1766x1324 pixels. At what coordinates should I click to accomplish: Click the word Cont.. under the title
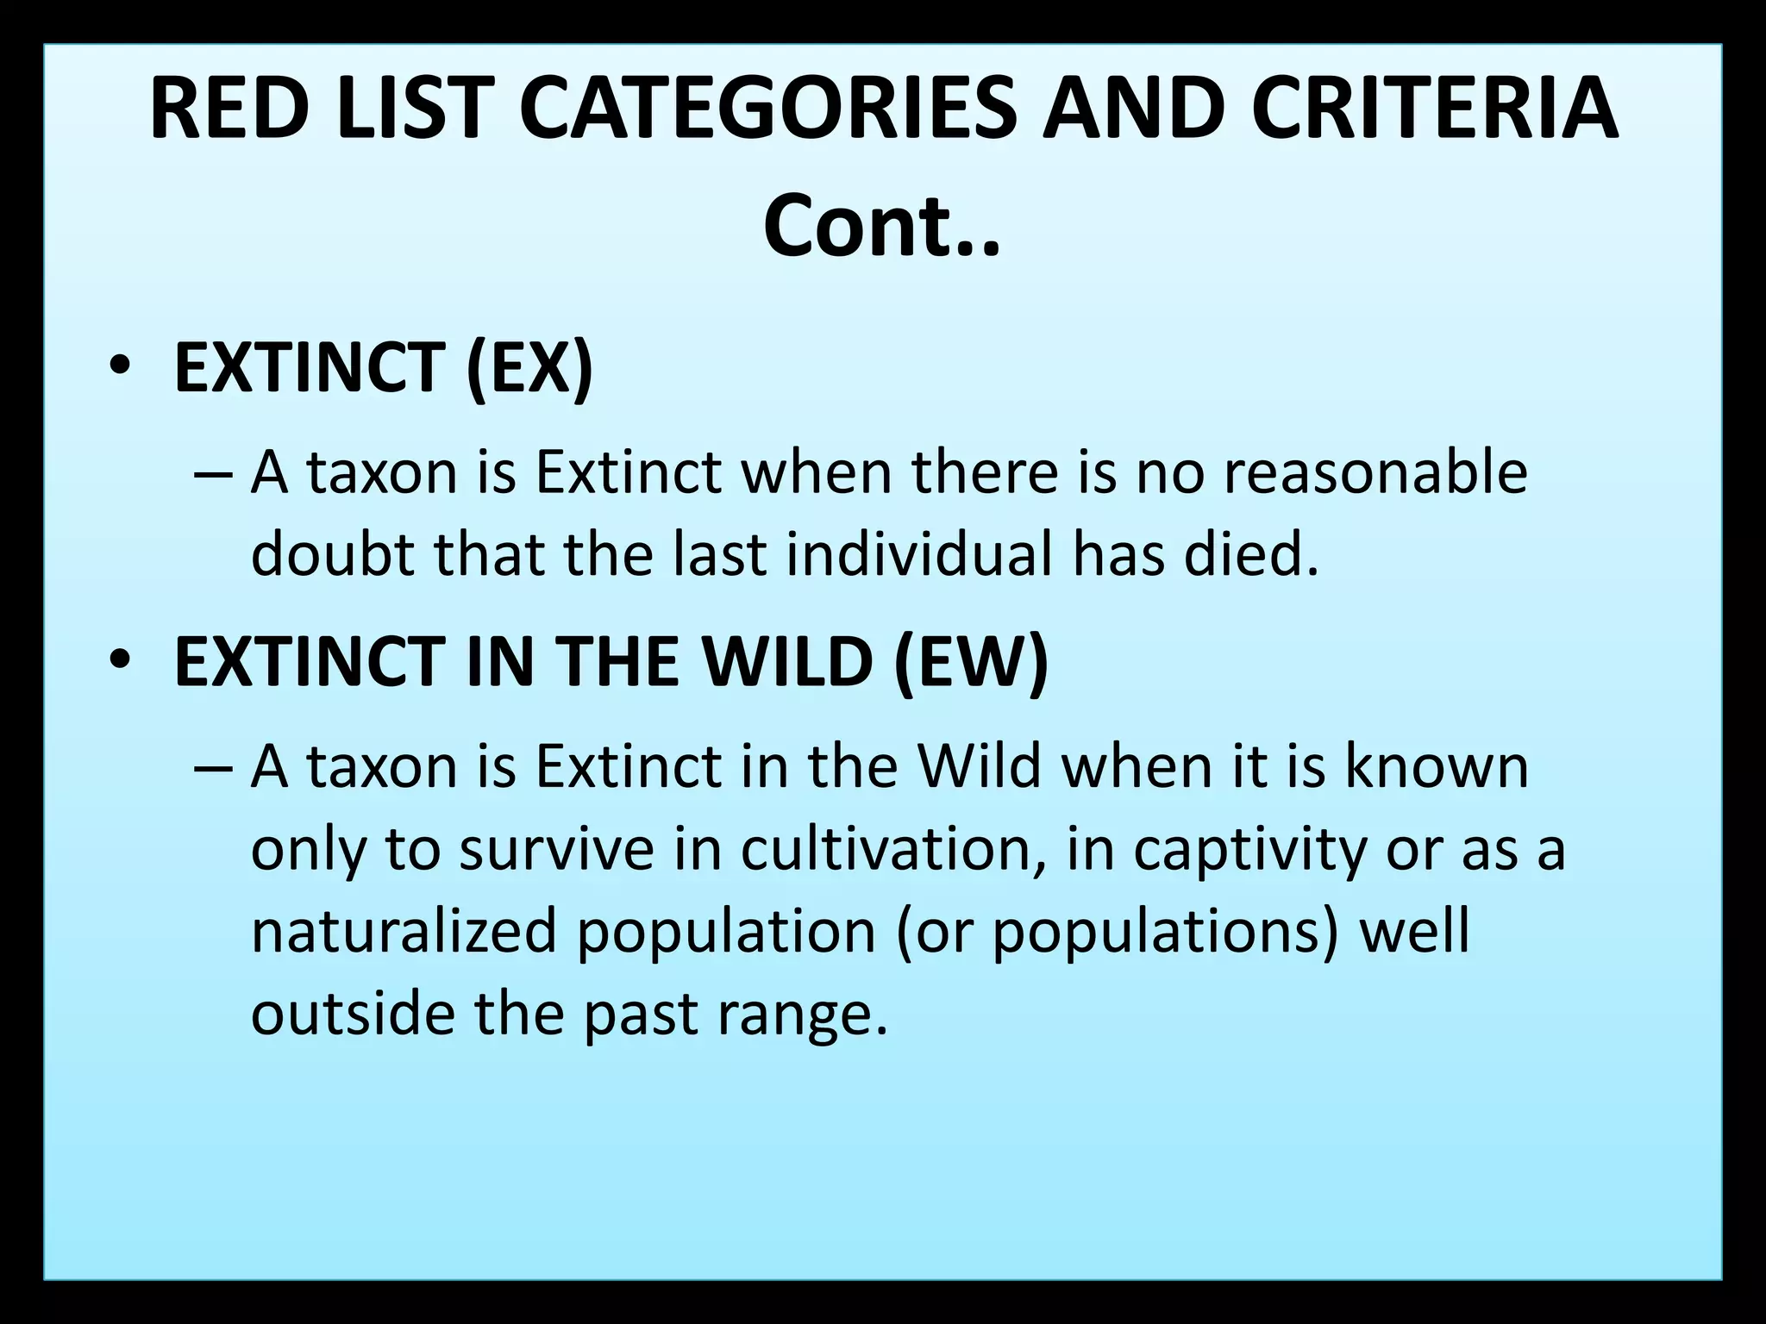(881, 227)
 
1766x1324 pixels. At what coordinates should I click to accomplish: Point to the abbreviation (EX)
(529, 367)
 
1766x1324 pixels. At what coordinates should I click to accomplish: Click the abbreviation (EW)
(971, 661)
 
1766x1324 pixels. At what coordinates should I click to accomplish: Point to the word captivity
(1249, 849)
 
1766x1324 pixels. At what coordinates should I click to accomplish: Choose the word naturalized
(404, 931)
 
